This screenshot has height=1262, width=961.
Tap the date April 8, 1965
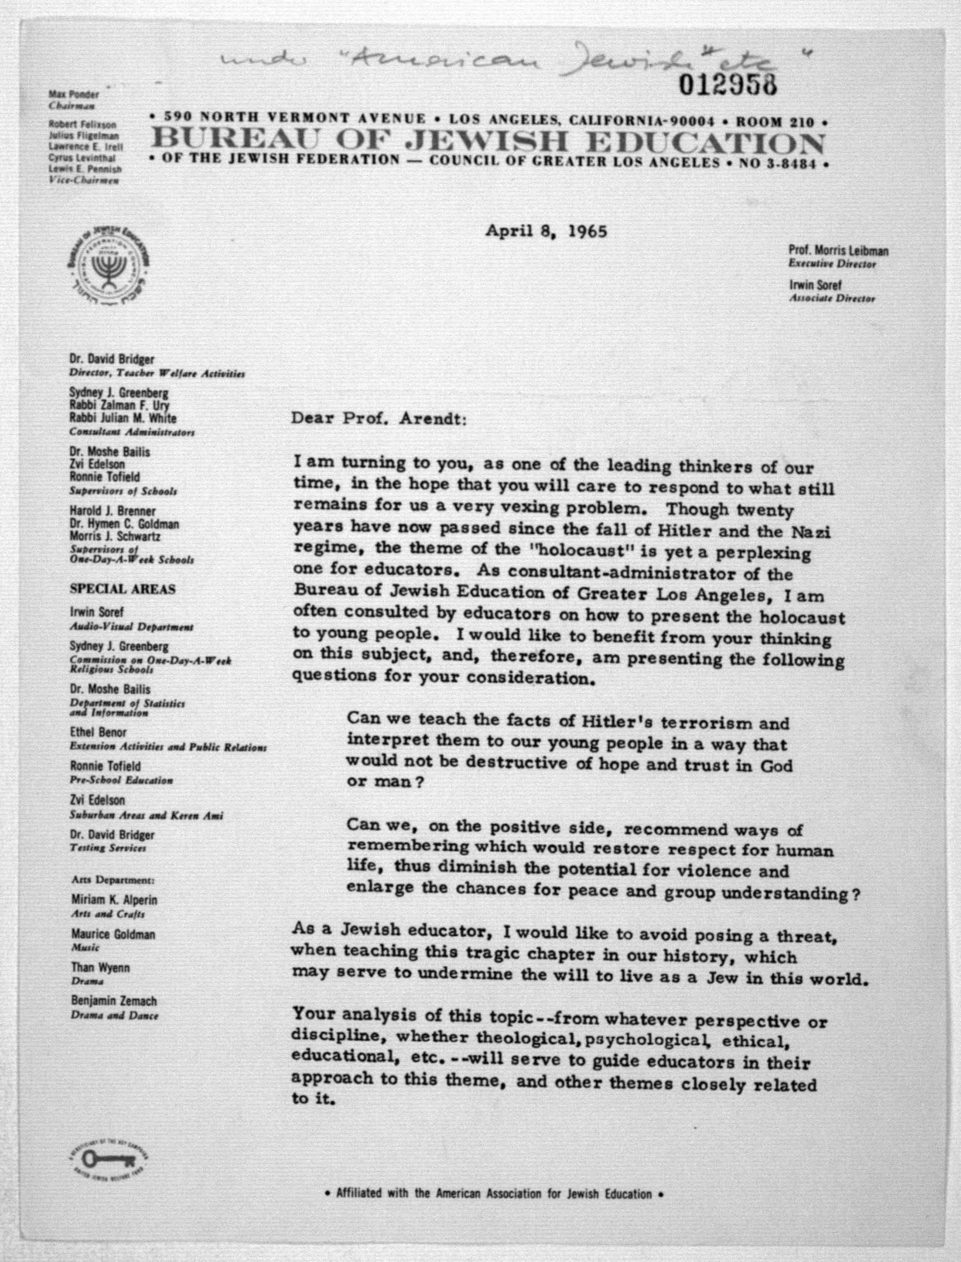click(x=546, y=231)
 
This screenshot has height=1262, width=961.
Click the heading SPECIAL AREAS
click(x=122, y=589)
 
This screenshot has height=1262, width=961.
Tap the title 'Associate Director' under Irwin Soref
click(x=832, y=299)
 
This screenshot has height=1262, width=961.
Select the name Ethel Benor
click(x=98, y=732)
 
